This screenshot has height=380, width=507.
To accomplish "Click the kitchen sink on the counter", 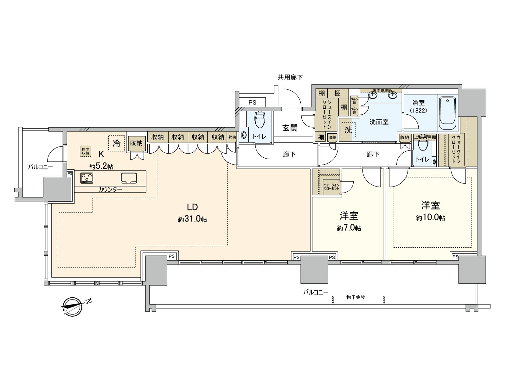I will [128, 178].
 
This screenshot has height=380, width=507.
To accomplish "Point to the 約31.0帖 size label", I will [192, 219].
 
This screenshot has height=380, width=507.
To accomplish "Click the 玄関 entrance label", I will [290, 128].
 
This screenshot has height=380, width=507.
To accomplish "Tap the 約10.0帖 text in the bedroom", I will [430, 218].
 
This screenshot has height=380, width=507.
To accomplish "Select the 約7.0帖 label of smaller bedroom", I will [349, 228].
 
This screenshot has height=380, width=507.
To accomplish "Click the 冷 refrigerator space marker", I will [117, 143].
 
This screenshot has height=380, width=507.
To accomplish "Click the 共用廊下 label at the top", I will [290, 77].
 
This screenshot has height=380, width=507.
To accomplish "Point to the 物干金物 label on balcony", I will [356, 297].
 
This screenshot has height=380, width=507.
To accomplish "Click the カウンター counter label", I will [110, 189].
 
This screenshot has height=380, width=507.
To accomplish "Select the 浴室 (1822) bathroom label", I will [419, 107].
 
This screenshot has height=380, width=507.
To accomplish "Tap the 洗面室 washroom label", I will [379, 122].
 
